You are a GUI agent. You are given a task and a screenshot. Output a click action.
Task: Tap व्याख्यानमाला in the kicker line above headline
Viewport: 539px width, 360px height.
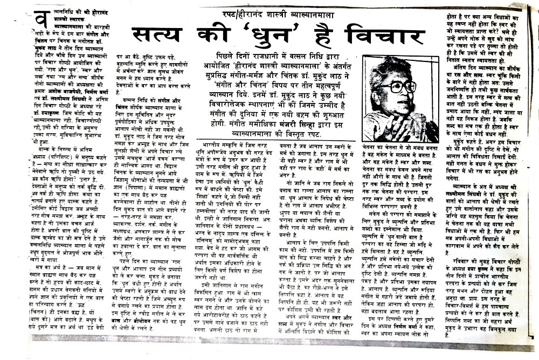(x=309, y=10)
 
